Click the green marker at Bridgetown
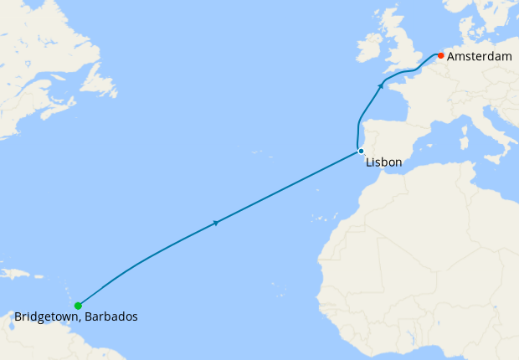pyautogui.click(x=78, y=306)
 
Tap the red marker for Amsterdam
pyautogui.click(x=440, y=56)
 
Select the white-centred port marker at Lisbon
pyautogui.click(x=361, y=152)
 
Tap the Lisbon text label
pyautogui.click(x=383, y=162)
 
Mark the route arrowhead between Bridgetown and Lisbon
pyautogui.click(x=217, y=222)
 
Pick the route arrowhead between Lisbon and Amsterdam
pyautogui.click(x=382, y=85)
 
